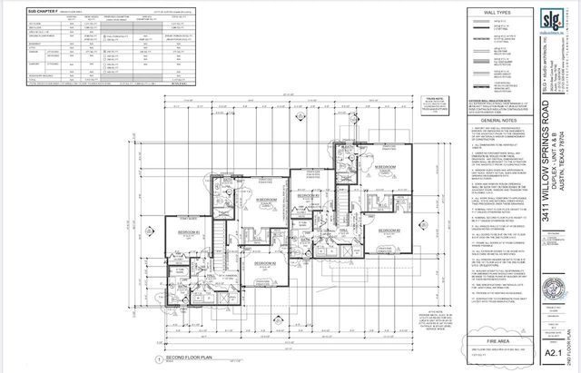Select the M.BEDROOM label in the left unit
point(241,200)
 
